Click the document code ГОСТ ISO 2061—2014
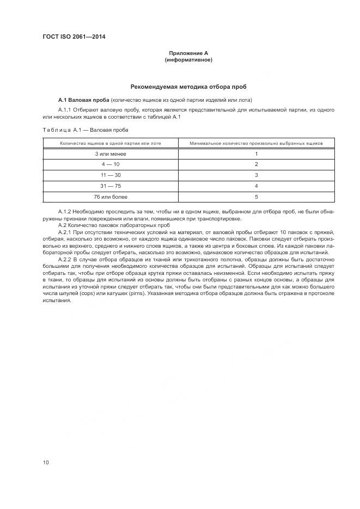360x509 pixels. click(x=74, y=37)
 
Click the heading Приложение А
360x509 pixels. click(x=188, y=53)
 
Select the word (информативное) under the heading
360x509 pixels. click(x=188, y=60)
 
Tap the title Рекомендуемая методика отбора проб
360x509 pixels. click(x=189, y=87)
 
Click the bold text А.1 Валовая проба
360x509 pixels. click(x=83, y=100)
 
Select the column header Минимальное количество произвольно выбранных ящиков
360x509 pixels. click(x=256, y=143)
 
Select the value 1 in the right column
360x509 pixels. click(x=256, y=154)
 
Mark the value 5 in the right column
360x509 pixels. click(x=256, y=197)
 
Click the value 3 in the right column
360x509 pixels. click(x=256, y=175)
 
